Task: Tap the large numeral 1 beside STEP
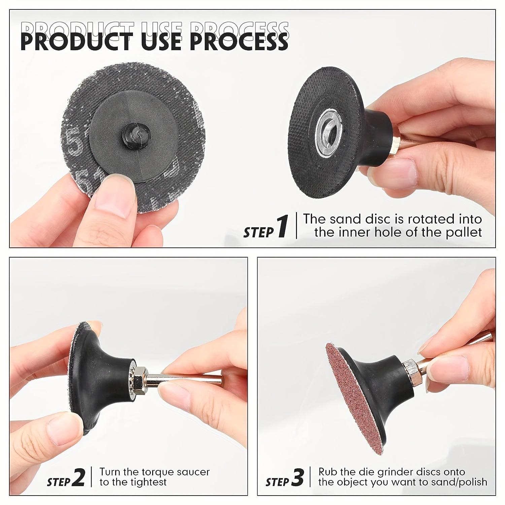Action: (x=282, y=227)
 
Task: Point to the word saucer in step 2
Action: (x=189, y=472)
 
